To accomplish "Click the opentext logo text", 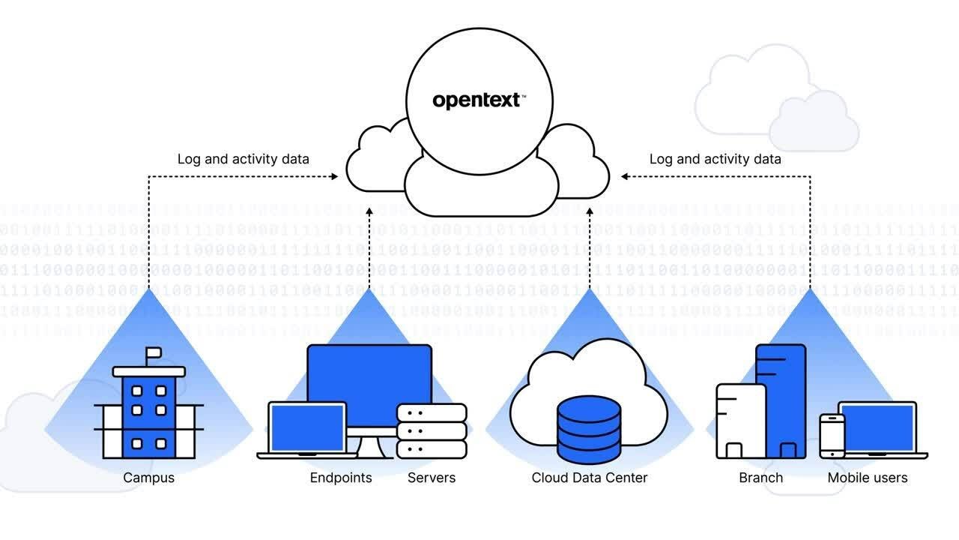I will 477,100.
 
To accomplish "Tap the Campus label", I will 148,478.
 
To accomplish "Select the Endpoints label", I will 341,478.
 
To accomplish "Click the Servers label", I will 432,478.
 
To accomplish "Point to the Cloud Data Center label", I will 590,478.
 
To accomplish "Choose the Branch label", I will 760,478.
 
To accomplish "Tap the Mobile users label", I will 868,478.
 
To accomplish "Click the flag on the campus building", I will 153,352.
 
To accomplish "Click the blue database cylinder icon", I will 590,429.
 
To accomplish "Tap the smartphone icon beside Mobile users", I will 832,435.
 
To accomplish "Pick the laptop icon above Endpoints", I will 308,429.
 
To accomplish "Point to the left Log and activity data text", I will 243,159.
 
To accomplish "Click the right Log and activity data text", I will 715,159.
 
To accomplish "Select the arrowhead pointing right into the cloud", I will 335,177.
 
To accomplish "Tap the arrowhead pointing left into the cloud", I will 625,177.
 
